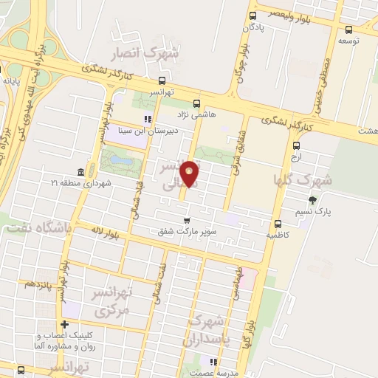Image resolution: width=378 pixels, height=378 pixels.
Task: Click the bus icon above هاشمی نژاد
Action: (196, 103)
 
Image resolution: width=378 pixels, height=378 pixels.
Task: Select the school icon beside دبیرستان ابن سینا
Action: (147, 119)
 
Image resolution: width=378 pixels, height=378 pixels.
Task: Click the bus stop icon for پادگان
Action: (253, 15)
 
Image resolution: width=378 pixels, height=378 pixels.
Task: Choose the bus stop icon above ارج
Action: (296, 145)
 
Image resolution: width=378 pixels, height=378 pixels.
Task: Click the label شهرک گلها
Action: (303, 179)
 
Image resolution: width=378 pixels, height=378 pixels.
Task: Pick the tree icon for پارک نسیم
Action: (314, 199)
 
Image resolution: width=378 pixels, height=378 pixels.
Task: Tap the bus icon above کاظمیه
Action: (278, 224)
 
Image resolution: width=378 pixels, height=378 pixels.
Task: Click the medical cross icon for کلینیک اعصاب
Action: (66, 324)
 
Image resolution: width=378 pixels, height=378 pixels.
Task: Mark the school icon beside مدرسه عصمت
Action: (214, 362)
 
